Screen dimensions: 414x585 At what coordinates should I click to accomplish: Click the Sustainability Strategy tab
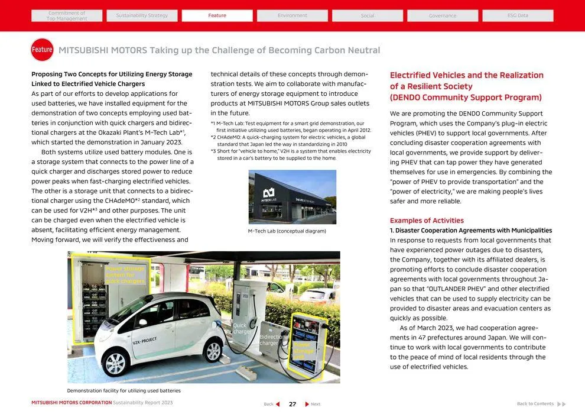(142, 15)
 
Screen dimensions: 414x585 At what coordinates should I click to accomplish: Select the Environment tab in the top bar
(292, 15)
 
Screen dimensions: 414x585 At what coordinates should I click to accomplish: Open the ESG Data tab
(518, 15)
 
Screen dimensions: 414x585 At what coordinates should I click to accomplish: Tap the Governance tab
(443, 15)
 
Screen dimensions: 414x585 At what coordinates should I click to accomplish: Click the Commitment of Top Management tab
(67, 15)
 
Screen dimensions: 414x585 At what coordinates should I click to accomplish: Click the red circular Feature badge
(42, 50)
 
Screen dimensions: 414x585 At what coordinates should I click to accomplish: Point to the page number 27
(292, 404)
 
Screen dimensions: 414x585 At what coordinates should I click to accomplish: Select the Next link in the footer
(313, 404)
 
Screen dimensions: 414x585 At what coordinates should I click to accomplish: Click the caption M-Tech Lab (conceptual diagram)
(287, 231)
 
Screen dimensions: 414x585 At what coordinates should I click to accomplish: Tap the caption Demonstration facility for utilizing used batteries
(123, 390)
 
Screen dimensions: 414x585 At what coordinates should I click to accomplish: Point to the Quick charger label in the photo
(241, 328)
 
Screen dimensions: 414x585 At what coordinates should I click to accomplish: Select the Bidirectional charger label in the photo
(273, 339)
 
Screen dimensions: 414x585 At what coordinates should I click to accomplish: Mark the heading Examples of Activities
(427, 221)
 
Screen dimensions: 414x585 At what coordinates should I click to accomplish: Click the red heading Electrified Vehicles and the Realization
(466, 75)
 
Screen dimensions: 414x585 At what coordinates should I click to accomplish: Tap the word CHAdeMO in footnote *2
(230, 137)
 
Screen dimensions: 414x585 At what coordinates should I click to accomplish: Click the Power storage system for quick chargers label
(125, 275)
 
